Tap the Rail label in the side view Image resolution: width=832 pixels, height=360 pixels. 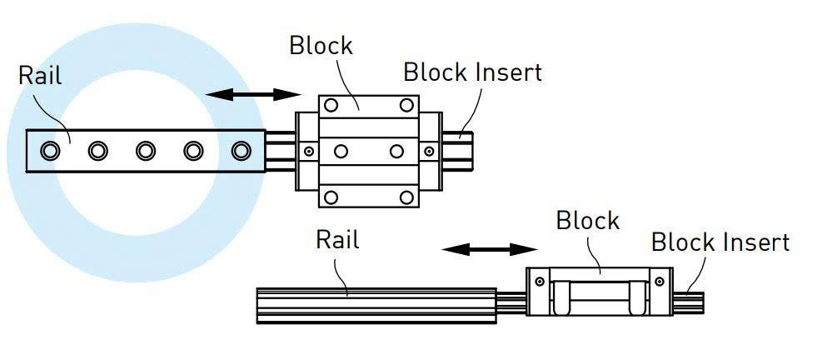(337, 240)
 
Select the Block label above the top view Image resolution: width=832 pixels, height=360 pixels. (321, 45)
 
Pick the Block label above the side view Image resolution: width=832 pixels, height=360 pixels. (588, 221)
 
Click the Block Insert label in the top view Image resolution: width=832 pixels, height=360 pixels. (472, 72)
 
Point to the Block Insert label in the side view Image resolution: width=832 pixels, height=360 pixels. (720, 242)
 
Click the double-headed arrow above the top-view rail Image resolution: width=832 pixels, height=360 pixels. (253, 94)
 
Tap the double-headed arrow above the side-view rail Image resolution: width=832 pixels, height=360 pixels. (490, 248)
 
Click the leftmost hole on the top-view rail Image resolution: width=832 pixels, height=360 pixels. (51, 151)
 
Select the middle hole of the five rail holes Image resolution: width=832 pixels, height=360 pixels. (147, 151)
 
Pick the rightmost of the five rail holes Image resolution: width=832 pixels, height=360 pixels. (242, 151)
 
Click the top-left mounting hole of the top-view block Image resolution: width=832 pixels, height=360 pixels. (331, 106)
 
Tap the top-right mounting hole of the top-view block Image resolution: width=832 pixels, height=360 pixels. (406, 106)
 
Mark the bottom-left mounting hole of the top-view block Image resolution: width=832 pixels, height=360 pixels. (331, 197)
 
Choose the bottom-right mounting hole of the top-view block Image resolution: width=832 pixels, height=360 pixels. (406, 197)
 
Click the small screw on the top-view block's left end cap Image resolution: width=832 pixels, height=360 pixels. (309, 152)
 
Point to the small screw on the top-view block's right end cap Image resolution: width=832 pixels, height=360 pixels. (429, 152)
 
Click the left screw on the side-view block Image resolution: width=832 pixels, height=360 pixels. (541, 281)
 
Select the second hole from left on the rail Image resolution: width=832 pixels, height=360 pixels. (99, 151)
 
